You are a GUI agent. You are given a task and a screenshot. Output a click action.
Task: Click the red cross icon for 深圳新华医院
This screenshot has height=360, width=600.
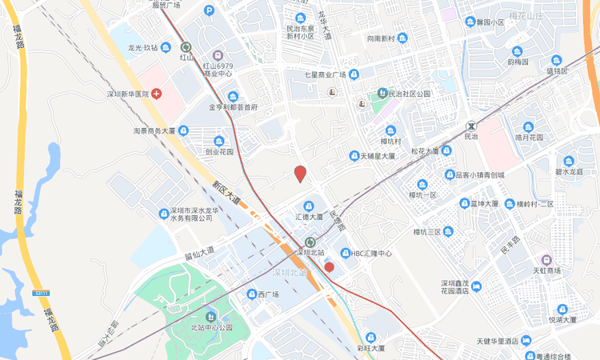pos(156,94)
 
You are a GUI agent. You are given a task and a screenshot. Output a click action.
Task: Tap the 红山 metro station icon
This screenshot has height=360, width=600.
pos(186,47)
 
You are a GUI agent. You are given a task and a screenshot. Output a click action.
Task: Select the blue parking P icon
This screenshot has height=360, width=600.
pos(209,10)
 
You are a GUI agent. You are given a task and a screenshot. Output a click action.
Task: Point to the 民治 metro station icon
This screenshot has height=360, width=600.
pos(471,126)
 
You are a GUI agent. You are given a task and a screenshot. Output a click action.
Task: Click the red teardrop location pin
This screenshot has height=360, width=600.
pos(300,173)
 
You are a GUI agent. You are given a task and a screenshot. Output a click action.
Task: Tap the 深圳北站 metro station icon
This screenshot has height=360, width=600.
pos(310,242)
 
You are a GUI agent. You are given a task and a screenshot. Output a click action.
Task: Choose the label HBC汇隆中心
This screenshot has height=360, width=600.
pos(372,253)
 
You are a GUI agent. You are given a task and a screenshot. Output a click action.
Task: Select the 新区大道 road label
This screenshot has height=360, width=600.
pos(226,193)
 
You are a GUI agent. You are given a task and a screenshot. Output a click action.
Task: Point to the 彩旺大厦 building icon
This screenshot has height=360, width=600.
pos(370,337)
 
